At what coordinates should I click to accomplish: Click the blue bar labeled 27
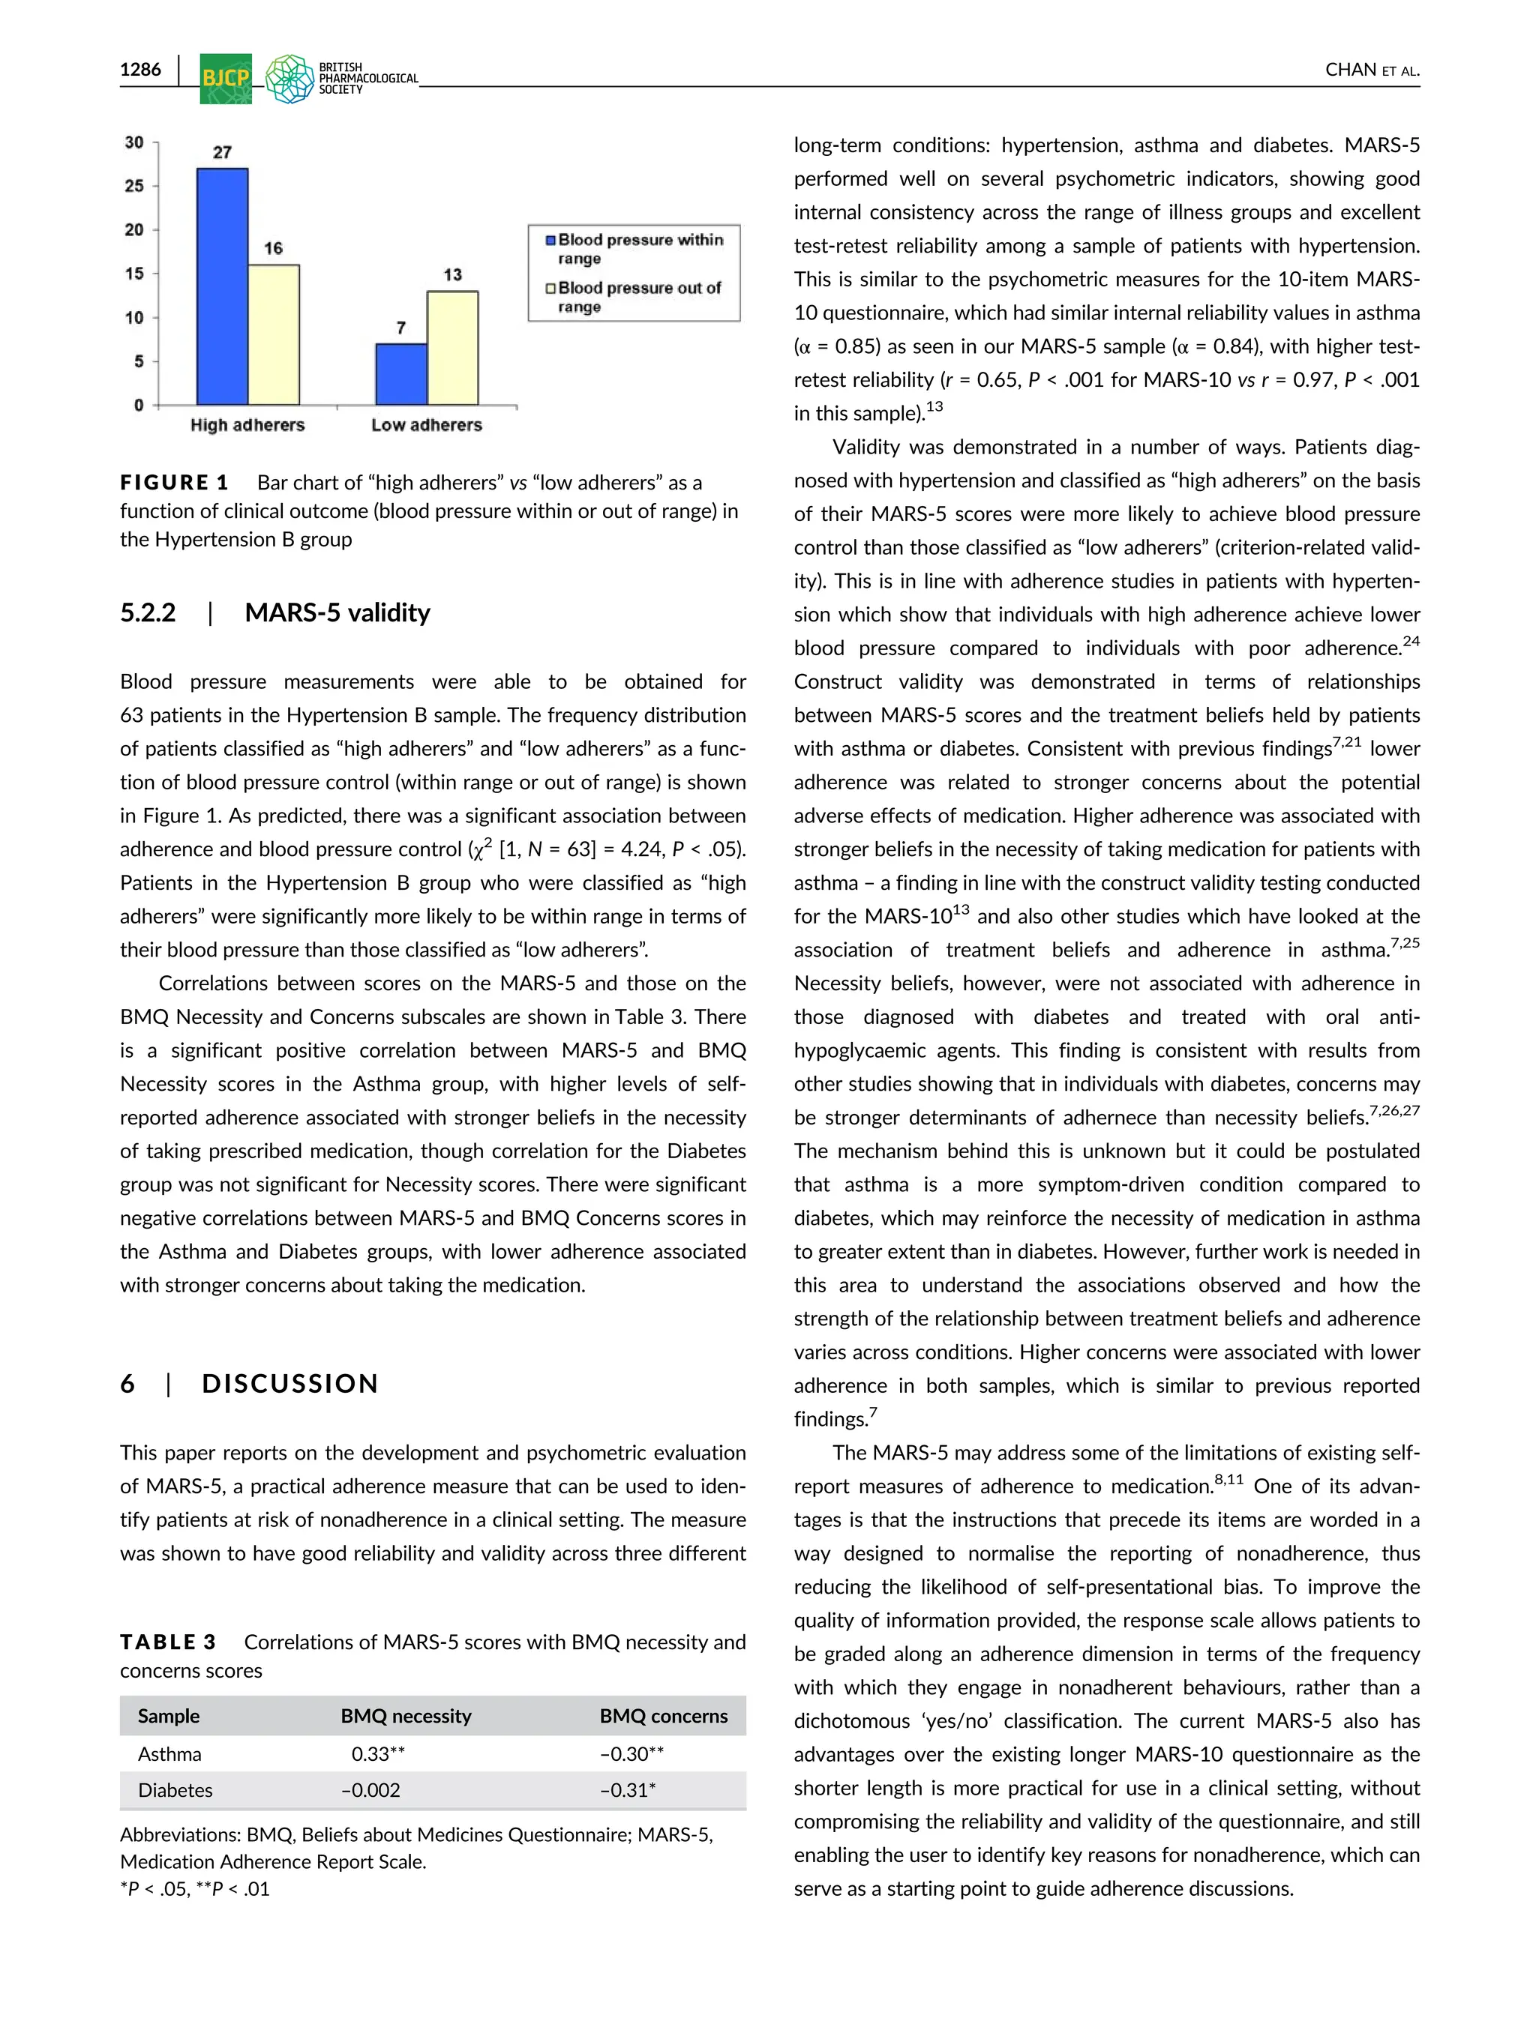(x=222, y=287)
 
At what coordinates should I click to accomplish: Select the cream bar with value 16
(x=273, y=335)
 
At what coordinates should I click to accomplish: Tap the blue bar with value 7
(x=400, y=375)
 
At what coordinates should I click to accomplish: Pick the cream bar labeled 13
(x=452, y=349)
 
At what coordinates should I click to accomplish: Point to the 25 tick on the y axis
(x=134, y=185)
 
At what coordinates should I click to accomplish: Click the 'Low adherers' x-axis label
(x=426, y=425)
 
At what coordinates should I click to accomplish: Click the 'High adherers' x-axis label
(x=247, y=425)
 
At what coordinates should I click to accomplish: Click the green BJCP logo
(x=225, y=79)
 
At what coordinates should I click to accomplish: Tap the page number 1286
(x=140, y=70)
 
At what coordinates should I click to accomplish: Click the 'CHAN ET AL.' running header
(x=1372, y=70)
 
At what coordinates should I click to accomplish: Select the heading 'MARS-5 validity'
(x=337, y=612)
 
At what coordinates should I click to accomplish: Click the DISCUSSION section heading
(x=289, y=1383)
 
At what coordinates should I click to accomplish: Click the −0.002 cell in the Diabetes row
(x=370, y=1789)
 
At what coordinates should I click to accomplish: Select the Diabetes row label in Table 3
(x=175, y=1789)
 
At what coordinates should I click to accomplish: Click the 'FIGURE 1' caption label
(x=174, y=483)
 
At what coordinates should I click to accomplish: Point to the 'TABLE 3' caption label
(x=168, y=1642)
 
